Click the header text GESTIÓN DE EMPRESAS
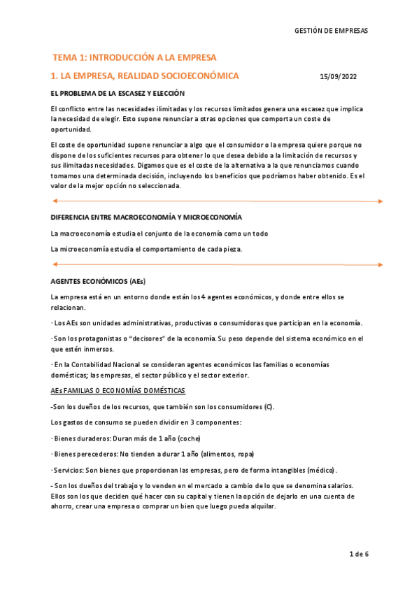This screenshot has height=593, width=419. point(331,31)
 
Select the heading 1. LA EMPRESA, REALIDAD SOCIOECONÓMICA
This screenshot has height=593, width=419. point(145,76)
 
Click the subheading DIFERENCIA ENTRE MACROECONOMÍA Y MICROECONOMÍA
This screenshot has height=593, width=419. point(147,217)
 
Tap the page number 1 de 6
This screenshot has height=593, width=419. point(359,555)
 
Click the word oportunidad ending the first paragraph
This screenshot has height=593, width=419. point(71,129)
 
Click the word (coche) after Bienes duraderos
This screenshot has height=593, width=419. point(189,439)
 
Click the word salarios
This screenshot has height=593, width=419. point(337,485)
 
